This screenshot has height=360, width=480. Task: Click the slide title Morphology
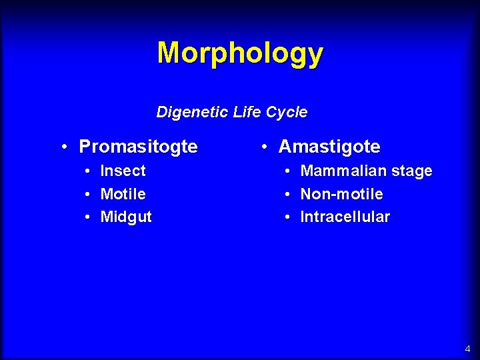[x=240, y=53]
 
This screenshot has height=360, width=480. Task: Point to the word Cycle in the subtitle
[x=287, y=112]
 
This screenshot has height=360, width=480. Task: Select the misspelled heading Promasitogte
[x=138, y=147]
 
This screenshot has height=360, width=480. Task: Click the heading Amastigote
[x=329, y=147]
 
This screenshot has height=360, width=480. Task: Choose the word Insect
[x=123, y=171]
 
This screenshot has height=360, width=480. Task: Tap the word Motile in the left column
[x=123, y=194]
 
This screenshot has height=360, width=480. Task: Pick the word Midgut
[x=126, y=217]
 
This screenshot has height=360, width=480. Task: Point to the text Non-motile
[x=341, y=194]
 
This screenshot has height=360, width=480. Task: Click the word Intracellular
[x=345, y=217]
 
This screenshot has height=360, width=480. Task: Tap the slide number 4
[x=467, y=349]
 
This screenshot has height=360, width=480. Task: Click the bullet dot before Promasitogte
[x=62, y=147]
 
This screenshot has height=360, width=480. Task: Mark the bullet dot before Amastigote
[x=265, y=147]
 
